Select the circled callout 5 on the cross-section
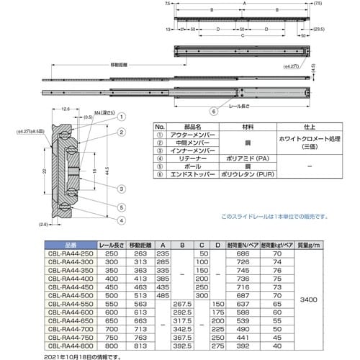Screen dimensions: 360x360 pyautogui.click(x=122, y=207)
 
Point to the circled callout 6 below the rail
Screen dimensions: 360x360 pyautogui.click(x=212, y=112)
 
